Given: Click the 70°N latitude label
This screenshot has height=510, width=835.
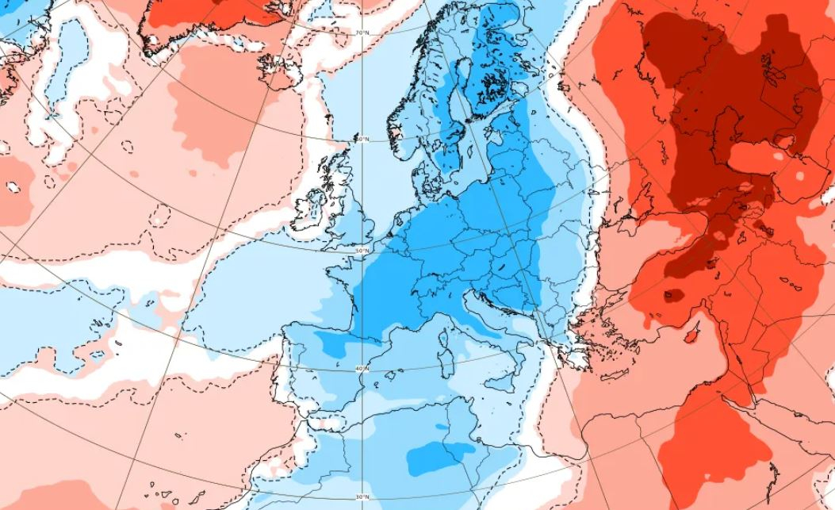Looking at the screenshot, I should click(362, 33).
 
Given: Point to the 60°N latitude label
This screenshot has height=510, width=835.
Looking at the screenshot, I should click(362, 140).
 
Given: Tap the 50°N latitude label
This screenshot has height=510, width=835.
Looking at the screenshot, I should click(362, 251).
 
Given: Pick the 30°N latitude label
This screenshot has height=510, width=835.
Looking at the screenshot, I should click(362, 497).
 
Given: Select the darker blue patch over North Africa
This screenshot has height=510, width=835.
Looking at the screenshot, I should click(434, 458).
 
